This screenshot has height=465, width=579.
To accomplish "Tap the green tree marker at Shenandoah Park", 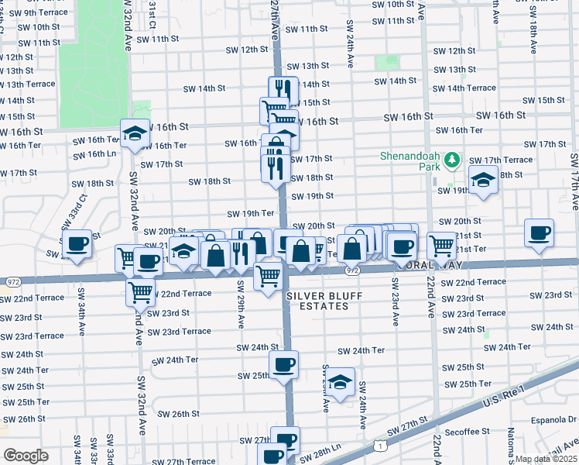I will tap(452, 160).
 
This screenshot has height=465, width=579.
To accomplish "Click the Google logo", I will tap(26, 456).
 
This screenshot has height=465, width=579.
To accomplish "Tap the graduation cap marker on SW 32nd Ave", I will tap(135, 134).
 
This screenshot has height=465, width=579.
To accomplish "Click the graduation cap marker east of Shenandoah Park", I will tap(483, 181).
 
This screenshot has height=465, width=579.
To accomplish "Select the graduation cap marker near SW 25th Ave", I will tap(339, 382).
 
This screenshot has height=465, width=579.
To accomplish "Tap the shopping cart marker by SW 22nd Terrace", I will tap(140, 293).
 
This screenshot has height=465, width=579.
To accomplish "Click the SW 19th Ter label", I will tap(251, 213).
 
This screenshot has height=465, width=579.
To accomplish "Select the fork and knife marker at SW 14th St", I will tap(283, 89).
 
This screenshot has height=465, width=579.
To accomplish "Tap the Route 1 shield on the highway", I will tap(379, 446).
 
